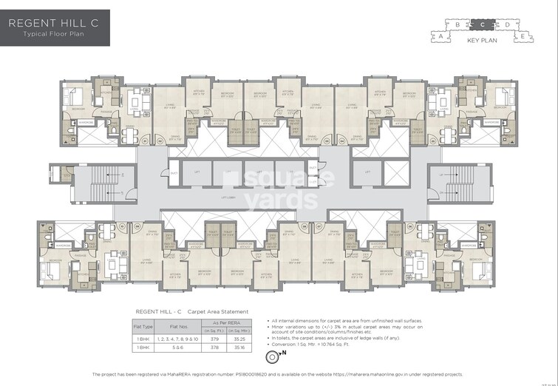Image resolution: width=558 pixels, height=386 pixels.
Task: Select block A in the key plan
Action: (441, 35)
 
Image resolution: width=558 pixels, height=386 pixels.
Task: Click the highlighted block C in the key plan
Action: (482, 24)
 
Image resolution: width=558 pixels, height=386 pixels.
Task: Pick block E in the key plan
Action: (523, 35)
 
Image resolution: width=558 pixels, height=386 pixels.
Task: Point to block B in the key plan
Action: (458, 24)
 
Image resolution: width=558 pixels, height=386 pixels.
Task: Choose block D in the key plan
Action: (507, 24)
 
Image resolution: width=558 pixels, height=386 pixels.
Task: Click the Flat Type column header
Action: (143, 325)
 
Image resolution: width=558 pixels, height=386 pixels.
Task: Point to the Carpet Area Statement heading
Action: (218, 311)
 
